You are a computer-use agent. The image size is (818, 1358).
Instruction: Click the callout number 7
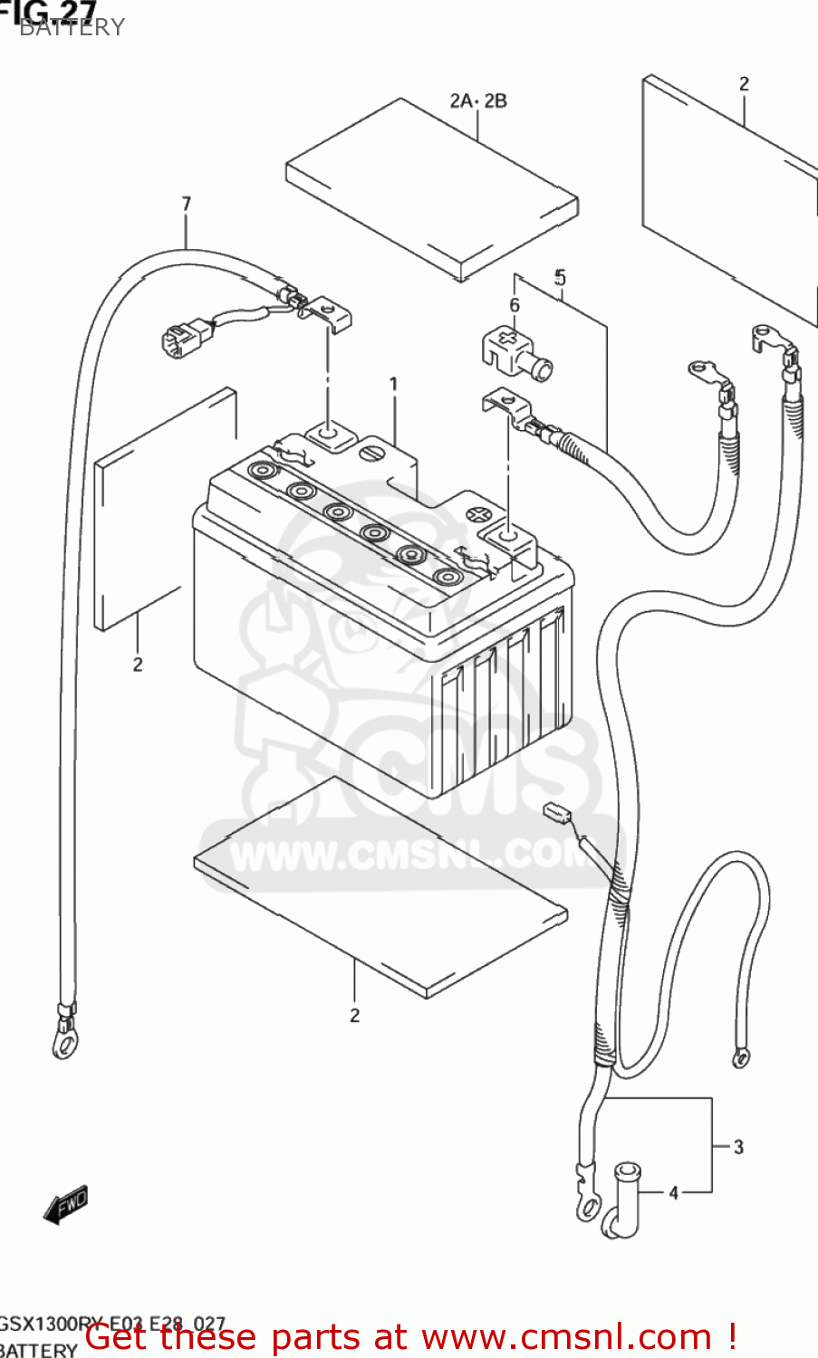tap(187, 204)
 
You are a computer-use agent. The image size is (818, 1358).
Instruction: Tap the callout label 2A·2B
tap(478, 100)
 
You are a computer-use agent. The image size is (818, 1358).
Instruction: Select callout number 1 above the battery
tap(394, 385)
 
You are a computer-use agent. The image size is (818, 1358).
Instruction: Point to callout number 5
tap(561, 277)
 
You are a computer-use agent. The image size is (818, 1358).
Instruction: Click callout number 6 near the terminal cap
tap(515, 305)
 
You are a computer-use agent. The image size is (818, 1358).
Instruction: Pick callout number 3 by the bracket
tap(738, 1147)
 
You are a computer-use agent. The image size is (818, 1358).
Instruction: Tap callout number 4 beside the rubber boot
tap(673, 1193)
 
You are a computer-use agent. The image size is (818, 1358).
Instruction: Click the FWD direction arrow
tap(67, 1204)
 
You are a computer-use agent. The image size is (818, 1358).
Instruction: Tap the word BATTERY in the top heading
tap(72, 27)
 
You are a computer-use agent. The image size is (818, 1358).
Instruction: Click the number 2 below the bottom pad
tap(355, 1015)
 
